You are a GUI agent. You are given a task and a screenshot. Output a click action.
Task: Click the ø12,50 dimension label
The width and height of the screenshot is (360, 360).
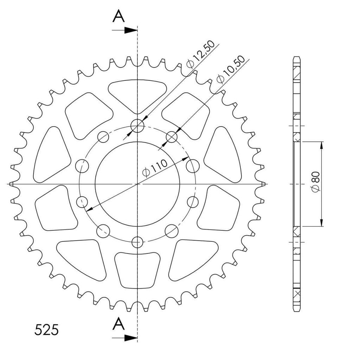pyautogui.click(x=200, y=54)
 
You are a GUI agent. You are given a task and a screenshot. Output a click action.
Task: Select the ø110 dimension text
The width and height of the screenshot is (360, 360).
pyautogui.click(x=155, y=168)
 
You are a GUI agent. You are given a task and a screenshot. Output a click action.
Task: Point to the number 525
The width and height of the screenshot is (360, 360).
pyautogui.click(x=47, y=330)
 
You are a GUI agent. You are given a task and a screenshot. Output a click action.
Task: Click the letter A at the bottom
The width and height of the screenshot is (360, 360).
pyautogui.click(x=118, y=323)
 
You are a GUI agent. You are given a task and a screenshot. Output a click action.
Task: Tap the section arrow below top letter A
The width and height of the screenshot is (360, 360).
pyautogui.click(x=124, y=30)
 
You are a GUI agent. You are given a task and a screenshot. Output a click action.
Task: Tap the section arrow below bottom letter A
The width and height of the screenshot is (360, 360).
pyautogui.click(x=124, y=338)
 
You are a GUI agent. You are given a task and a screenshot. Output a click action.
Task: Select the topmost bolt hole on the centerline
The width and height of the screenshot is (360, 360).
pyautogui.click(x=137, y=126)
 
